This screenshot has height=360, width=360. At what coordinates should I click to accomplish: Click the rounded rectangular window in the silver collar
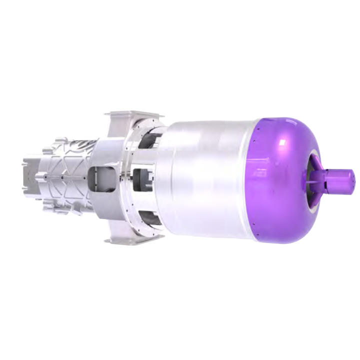click(x=99, y=177)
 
